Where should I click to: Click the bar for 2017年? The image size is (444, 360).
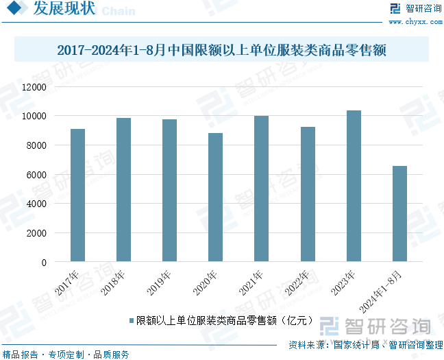pyautogui.click(x=77, y=195)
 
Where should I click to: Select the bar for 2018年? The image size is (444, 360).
pyautogui.click(x=123, y=190)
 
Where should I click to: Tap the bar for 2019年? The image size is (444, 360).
pyautogui.click(x=169, y=191)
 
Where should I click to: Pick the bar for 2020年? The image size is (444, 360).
pyautogui.click(x=215, y=197)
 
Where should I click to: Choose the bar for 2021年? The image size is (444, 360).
pyautogui.click(x=261, y=189)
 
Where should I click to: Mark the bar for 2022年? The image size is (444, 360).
pyautogui.click(x=308, y=194)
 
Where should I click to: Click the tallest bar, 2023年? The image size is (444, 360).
pyautogui.click(x=354, y=186)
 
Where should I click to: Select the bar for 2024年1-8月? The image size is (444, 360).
pyautogui.click(x=399, y=214)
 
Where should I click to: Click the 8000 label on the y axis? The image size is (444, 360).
pyautogui.click(x=36, y=145)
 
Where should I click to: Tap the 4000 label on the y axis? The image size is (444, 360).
pyautogui.click(x=36, y=204)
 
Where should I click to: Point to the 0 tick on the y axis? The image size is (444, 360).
pyautogui.click(x=43, y=262)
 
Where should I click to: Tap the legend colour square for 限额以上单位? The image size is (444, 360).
pyautogui.click(x=130, y=320)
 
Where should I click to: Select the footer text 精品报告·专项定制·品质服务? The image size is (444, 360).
pyautogui.click(x=66, y=355)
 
